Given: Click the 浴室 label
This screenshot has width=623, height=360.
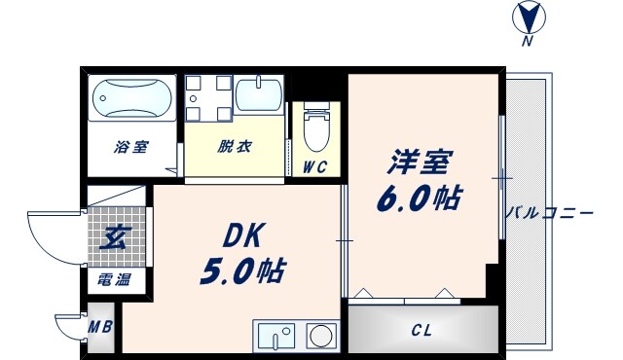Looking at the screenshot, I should click(x=130, y=148).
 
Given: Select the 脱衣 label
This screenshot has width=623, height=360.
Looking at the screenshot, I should click(x=234, y=148).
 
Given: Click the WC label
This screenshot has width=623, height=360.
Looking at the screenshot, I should click(x=314, y=166).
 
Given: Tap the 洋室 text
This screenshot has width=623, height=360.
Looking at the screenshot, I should click(x=420, y=158).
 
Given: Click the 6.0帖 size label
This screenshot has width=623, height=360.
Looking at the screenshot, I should click(x=419, y=198).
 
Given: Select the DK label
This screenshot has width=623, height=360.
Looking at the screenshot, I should click(x=242, y=234).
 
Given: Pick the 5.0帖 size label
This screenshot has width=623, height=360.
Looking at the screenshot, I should click(x=242, y=271).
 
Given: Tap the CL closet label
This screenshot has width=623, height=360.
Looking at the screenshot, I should click(x=421, y=331).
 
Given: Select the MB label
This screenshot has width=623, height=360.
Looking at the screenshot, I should click(x=101, y=326).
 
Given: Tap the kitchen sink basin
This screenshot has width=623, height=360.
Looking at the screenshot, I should click(x=276, y=338).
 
